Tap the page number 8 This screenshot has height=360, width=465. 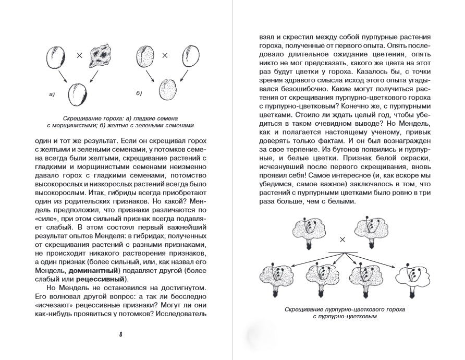click(120, 334)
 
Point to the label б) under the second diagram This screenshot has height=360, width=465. click(139, 93)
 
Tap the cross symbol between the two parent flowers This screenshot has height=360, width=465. click(342, 239)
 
